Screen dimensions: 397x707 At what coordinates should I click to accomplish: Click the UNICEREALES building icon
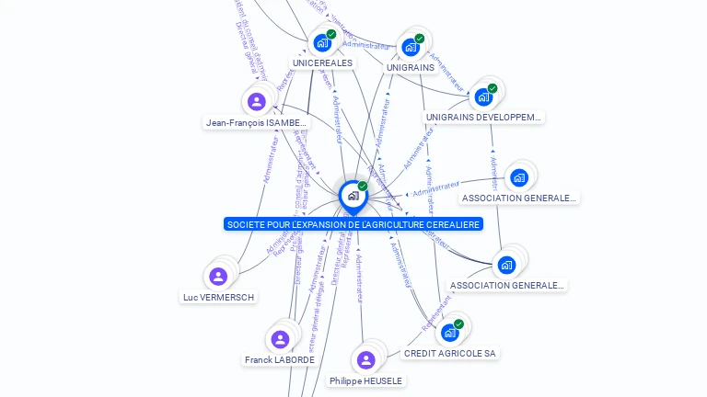click(321, 42)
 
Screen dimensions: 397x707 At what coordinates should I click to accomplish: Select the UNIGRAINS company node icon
click(410, 47)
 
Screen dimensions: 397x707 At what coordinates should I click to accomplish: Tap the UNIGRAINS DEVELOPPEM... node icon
click(482, 96)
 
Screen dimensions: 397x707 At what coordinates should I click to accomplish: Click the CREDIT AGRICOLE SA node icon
click(449, 332)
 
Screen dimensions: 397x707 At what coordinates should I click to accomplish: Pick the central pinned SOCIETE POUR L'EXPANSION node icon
click(353, 196)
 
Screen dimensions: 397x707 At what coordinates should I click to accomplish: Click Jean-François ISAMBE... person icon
click(257, 101)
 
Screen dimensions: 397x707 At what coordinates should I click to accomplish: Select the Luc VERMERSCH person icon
click(218, 277)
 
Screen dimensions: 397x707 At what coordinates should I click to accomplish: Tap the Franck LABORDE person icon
click(280, 339)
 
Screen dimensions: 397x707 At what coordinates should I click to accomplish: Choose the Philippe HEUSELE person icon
click(366, 359)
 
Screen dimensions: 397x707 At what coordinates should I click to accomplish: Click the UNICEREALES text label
click(321, 62)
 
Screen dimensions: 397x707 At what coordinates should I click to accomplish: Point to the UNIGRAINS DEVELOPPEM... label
click(484, 118)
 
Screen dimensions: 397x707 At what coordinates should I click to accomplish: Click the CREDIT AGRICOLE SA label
click(450, 353)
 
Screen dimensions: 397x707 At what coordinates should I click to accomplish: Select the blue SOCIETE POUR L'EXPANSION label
click(353, 224)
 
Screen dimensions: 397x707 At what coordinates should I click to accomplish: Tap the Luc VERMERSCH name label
click(218, 297)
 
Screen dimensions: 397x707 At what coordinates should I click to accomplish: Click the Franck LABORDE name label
click(280, 359)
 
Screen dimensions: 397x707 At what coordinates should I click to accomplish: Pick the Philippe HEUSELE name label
click(366, 380)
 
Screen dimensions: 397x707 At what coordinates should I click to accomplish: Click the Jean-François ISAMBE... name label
click(256, 122)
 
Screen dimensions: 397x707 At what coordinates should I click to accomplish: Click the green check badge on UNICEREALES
click(331, 34)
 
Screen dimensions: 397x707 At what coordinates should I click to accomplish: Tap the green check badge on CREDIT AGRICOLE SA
click(458, 323)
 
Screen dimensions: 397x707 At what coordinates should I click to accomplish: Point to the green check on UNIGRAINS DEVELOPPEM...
click(493, 88)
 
